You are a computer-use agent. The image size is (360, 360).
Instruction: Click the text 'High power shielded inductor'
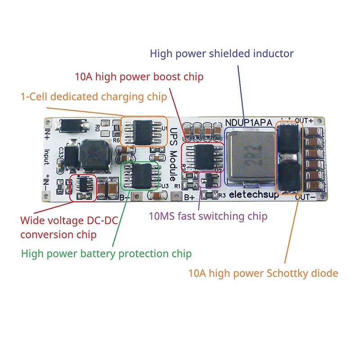[221, 54]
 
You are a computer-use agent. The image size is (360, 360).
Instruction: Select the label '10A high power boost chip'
[139, 76]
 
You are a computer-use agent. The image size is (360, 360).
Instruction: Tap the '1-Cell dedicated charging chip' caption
[94, 96]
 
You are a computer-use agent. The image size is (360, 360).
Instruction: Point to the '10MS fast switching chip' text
[208, 216]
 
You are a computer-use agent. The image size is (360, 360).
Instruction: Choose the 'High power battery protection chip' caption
[106, 254]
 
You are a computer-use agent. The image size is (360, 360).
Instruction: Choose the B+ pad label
[189, 197]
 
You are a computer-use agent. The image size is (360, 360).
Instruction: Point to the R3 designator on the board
[222, 195]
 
